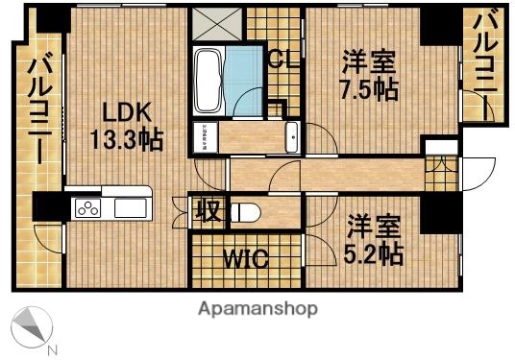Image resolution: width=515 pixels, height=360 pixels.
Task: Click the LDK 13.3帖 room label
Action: (125, 124)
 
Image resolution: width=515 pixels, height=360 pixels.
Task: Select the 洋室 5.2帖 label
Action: (374, 241)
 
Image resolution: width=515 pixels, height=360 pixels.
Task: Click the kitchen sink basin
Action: (129, 208)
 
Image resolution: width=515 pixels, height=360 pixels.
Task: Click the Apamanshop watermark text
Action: (257, 309)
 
